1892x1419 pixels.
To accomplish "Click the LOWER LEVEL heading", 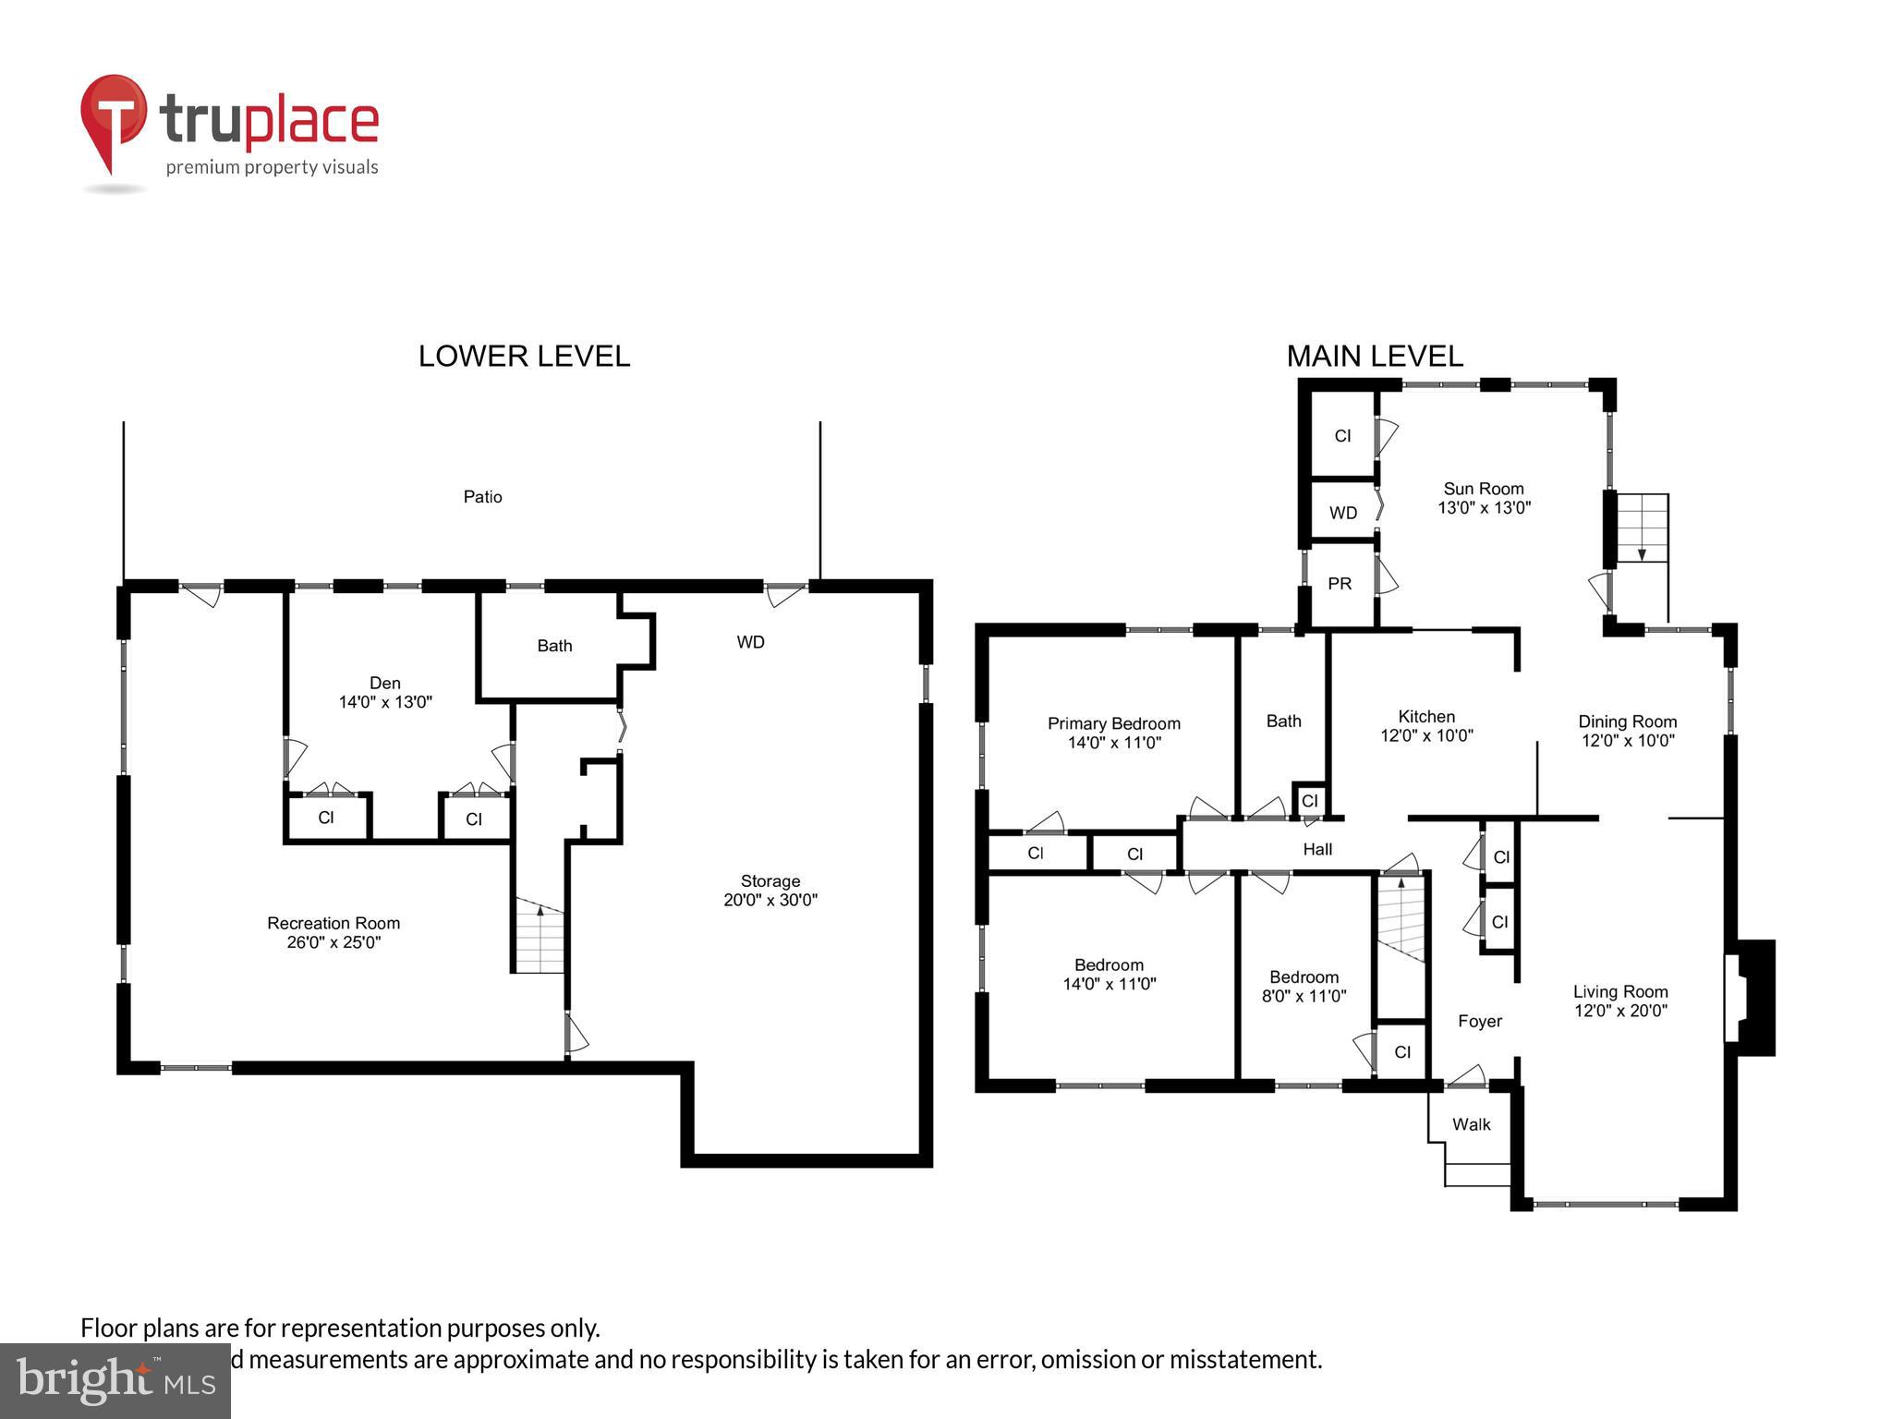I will [x=524, y=357].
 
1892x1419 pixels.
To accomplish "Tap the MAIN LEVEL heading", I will [x=1374, y=357].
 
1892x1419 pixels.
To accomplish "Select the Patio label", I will [x=482, y=497].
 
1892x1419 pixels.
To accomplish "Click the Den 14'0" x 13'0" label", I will [x=385, y=692].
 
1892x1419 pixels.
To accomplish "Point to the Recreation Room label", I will [x=334, y=932].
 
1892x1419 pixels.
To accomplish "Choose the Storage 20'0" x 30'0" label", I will [x=770, y=891].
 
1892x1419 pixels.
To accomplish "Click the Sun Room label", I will [x=1484, y=498].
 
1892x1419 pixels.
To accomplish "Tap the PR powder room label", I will [x=1340, y=584].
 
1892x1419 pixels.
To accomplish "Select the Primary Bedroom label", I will [x=1113, y=733].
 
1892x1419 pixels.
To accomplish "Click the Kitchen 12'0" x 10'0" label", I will [x=1426, y=726].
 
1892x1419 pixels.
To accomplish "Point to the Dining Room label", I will [x=1627, y=731].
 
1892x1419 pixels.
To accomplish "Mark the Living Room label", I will [x=1620, y=1001].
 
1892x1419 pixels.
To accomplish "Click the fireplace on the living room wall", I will [x=1753, y=998].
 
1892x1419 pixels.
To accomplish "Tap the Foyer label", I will [x=1479, y=1021].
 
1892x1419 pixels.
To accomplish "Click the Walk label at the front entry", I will [x=1471, y=1124].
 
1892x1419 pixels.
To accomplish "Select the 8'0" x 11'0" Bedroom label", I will [x=1304, y=987].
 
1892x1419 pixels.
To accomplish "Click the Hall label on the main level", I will [x=1317, y=849].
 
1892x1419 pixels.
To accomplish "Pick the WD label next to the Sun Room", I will [x=1343, y=513].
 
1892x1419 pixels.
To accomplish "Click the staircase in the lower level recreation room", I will [x=540, y=938].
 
